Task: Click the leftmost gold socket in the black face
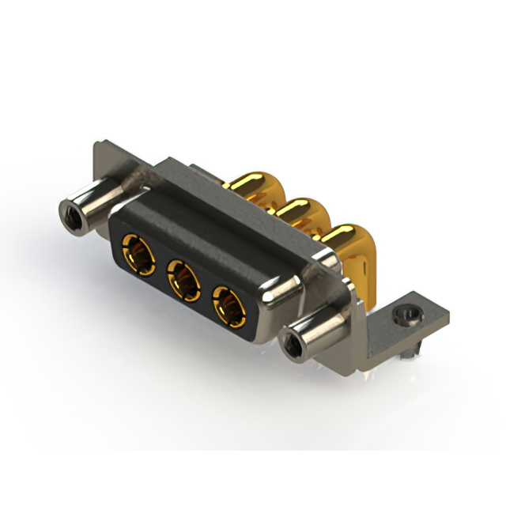pos(138,255)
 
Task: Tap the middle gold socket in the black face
pos(183,280)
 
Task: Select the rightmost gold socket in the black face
pos(229,304)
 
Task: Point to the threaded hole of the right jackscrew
pos(292,346)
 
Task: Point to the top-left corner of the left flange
pos(96,144)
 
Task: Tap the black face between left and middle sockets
pos(160,269)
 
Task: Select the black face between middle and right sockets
pos(206,293)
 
